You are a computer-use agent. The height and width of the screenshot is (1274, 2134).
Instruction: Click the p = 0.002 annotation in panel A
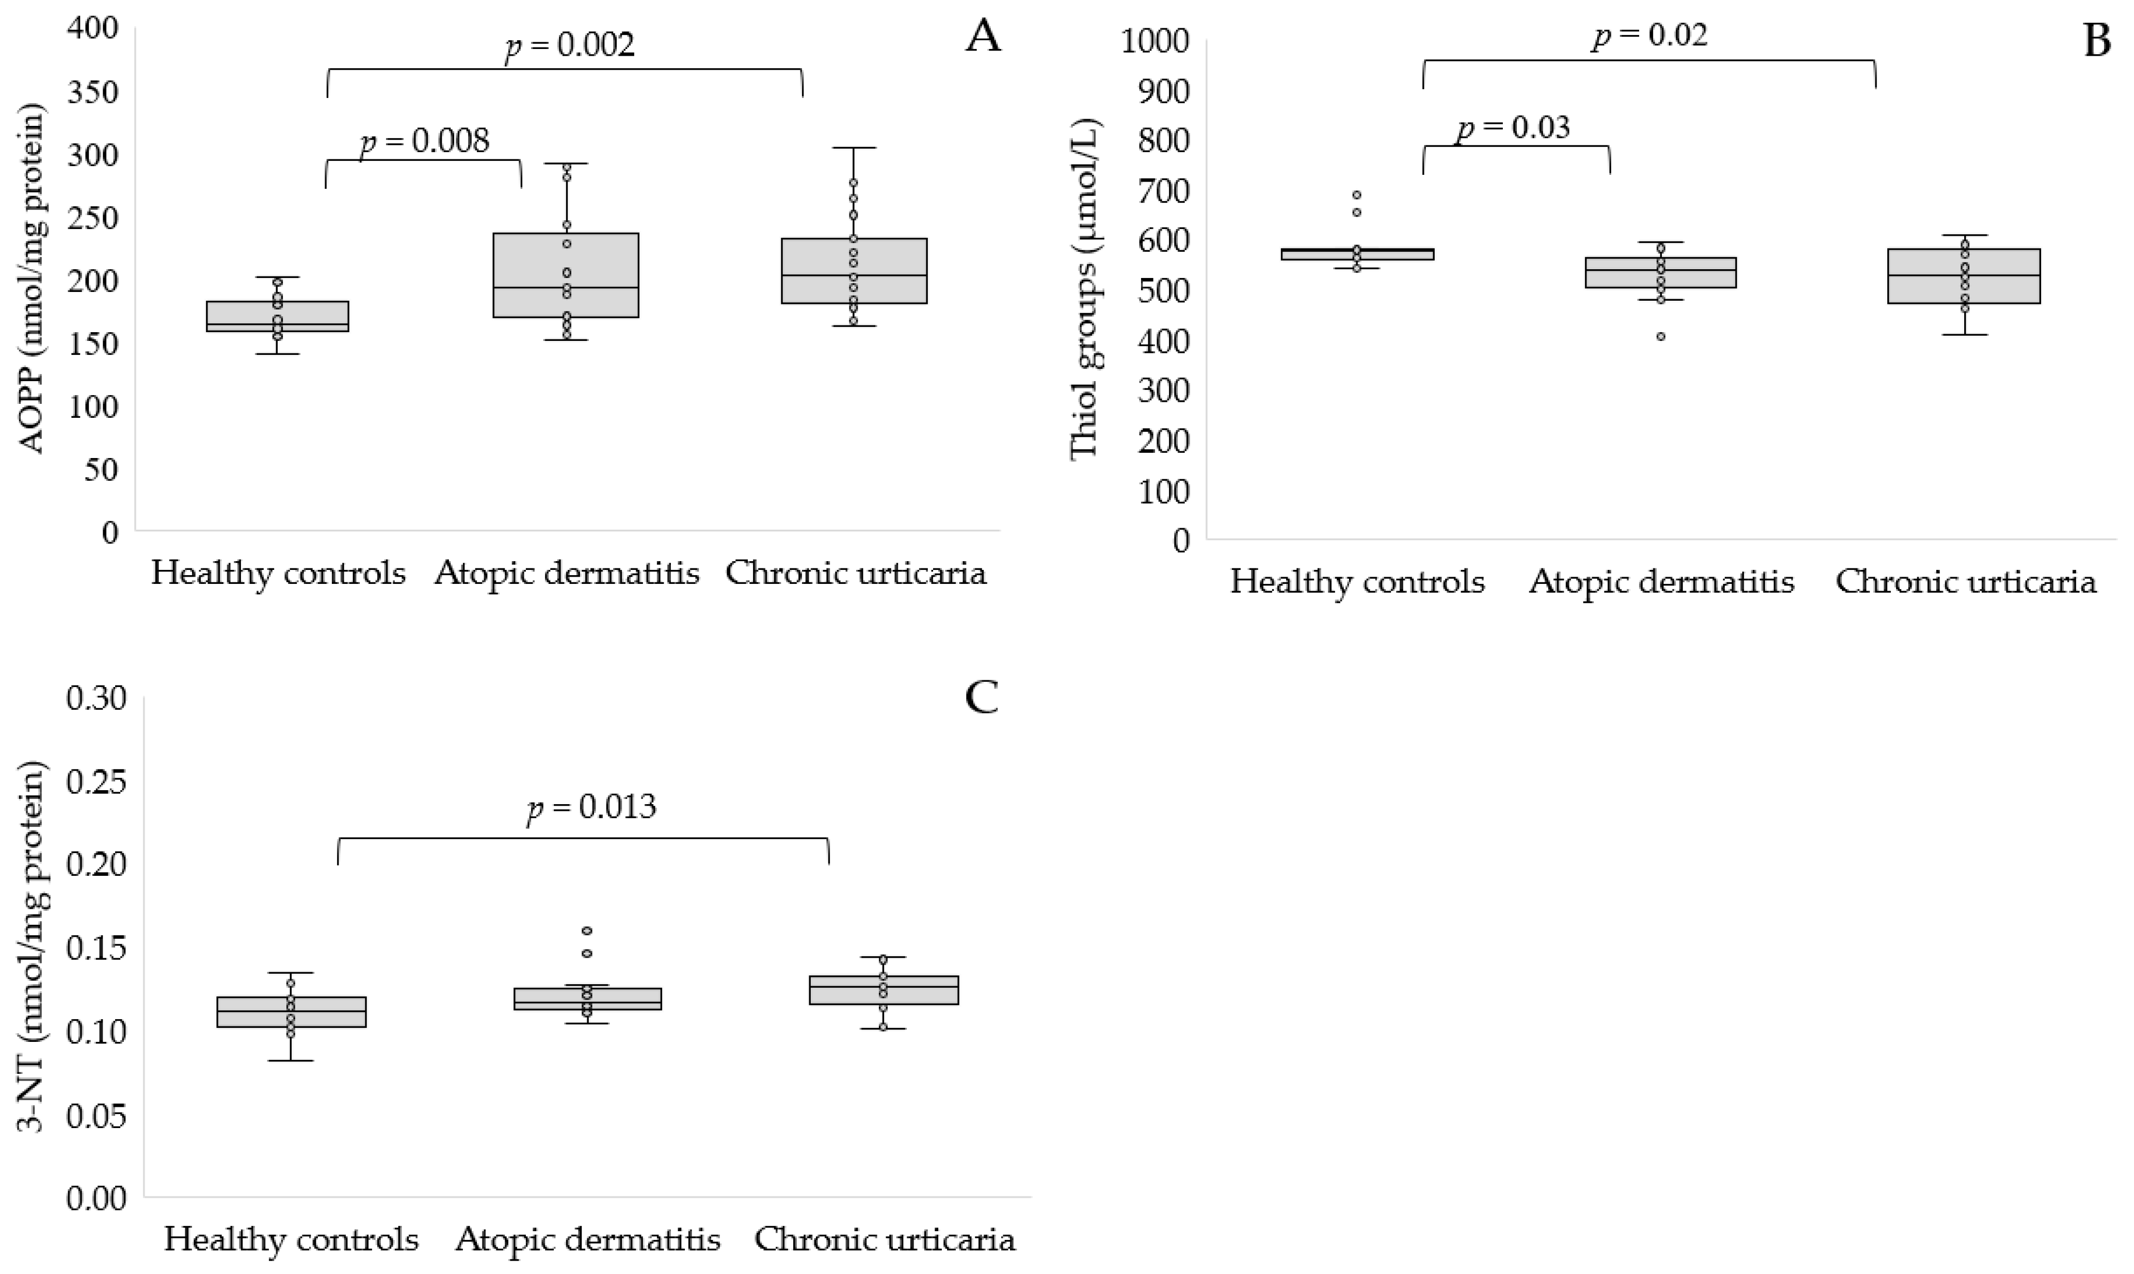(569, 45)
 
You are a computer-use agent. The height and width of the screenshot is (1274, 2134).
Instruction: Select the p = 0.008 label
(424, 140)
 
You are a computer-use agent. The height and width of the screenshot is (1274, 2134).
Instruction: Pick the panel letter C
(982, 698)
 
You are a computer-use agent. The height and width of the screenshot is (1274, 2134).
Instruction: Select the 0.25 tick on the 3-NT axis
(96, 781)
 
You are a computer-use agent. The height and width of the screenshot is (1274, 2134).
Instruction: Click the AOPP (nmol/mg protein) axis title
(32, 278)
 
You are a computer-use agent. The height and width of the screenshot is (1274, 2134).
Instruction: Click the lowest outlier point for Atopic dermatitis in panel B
(1661, 336)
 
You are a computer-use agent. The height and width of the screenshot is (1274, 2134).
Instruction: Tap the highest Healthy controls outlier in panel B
(1357, 195)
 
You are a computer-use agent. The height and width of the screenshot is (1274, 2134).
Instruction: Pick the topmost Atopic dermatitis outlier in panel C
(587, 930)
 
